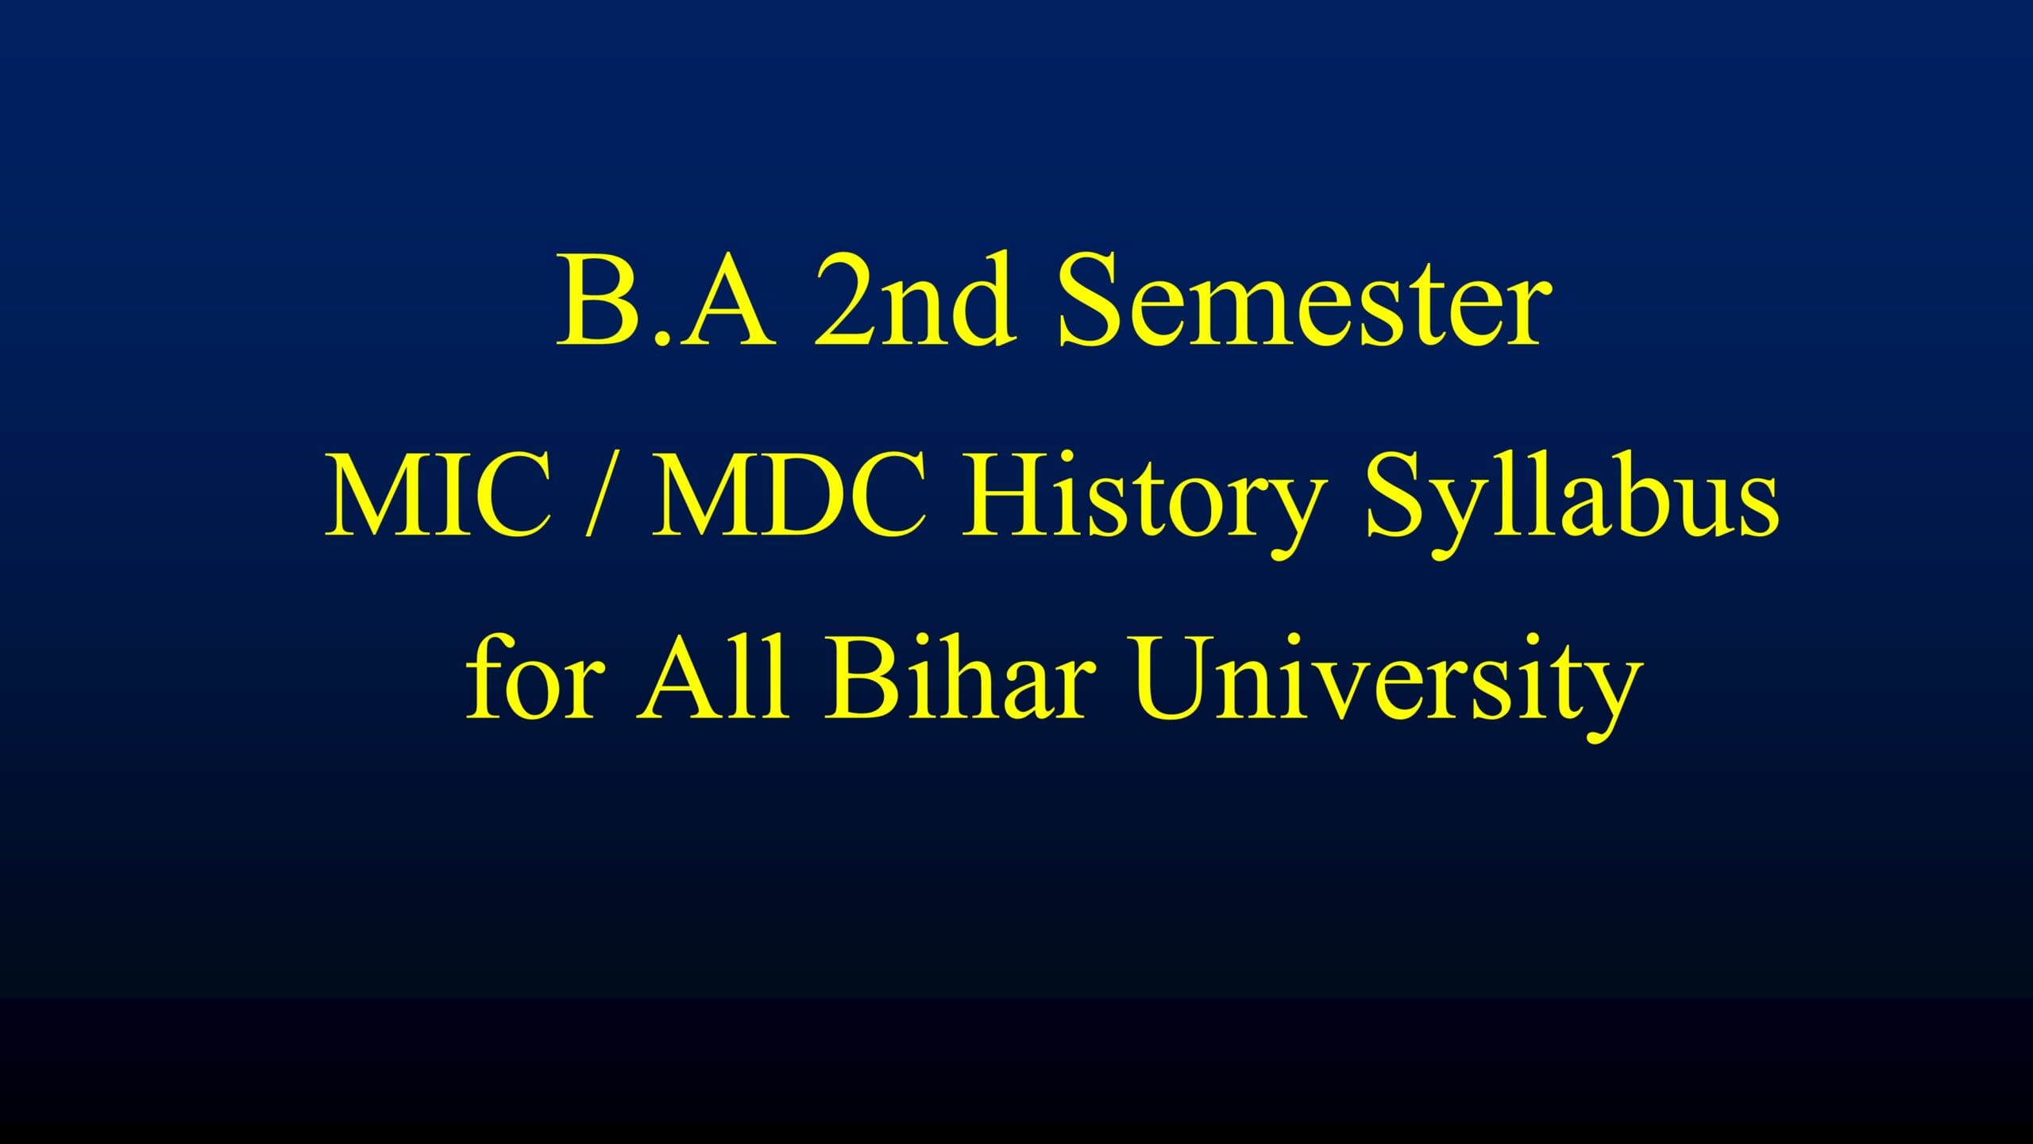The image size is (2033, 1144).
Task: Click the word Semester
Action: [1303, 301]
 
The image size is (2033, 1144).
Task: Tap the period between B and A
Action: [655, 339]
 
